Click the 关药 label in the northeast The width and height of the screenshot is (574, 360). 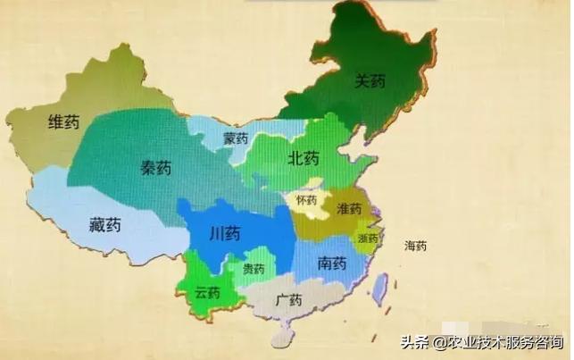(370, 81)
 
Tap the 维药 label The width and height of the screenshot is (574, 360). (62, 123)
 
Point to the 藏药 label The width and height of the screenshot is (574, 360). (104, 224)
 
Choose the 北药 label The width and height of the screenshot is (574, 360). (303, 159)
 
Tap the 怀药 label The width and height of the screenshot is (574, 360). (307, 200)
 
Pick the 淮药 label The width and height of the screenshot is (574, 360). (349, 208)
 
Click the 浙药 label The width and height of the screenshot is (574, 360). (367, 239)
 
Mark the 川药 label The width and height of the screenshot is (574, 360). (224, 235)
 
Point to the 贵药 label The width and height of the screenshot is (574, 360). (254, 268)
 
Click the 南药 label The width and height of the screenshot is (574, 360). (331, 264)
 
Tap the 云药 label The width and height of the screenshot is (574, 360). (207, 292)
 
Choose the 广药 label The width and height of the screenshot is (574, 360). (288, 299)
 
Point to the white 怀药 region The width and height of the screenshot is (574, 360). (310, 212)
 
